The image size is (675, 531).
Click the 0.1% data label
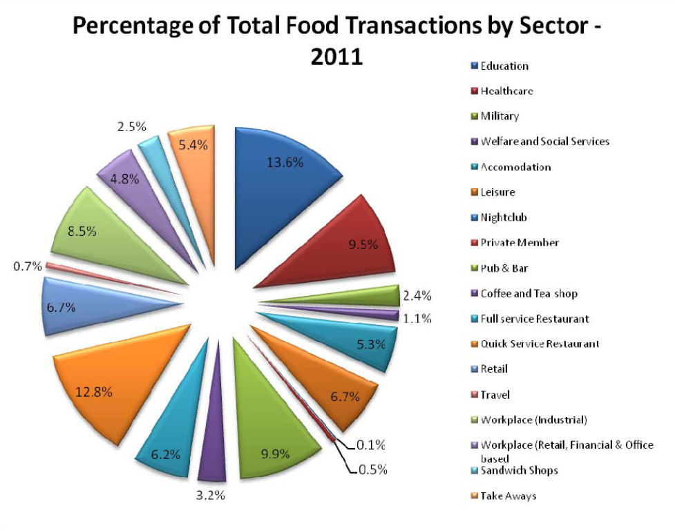pos(370,445)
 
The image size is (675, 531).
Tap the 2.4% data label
pos(417,296)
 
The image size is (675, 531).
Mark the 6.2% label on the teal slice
pos(166,454)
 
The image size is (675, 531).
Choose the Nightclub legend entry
pos(504,217)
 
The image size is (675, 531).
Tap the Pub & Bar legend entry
pos(504,268)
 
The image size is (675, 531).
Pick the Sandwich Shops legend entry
pos(519,471)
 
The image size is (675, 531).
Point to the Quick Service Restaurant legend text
pos(540,344)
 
